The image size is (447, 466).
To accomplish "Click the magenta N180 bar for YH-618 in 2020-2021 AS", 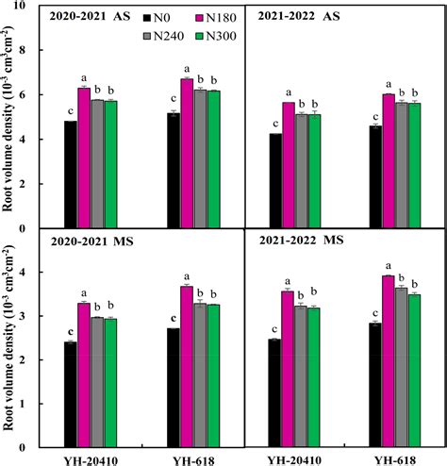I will click(x=187, y=153).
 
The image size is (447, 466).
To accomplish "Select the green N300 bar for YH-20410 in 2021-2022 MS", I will click(x=314, y=376).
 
